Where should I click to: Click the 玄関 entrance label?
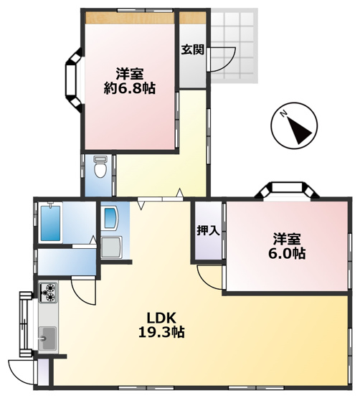coord(191,49)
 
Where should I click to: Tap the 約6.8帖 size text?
coord(130,88)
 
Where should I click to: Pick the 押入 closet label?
coord(208,231)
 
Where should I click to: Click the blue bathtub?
coord(53,224)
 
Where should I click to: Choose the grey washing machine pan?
coord(113,248)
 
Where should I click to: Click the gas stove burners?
coord(49,292)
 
